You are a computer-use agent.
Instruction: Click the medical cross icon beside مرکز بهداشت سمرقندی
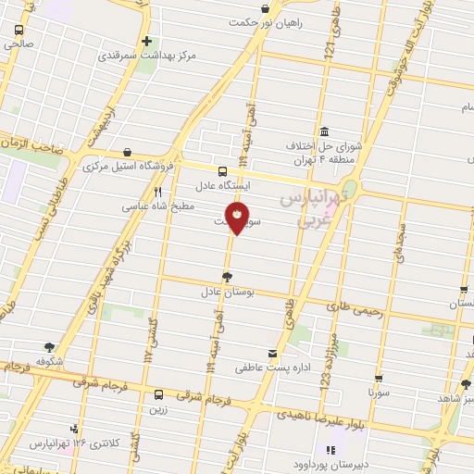click(146, 41)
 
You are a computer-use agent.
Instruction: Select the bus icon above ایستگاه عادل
click(221, 171)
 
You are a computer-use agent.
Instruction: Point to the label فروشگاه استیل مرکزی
click(130, 168)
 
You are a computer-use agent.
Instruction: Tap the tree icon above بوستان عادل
click(228, 276)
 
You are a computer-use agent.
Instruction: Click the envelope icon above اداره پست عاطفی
click(270, 354)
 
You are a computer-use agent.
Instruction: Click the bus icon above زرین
click(158, 394)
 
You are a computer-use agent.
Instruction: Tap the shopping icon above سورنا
click(379, 377)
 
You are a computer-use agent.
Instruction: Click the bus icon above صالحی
click(18, 29)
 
